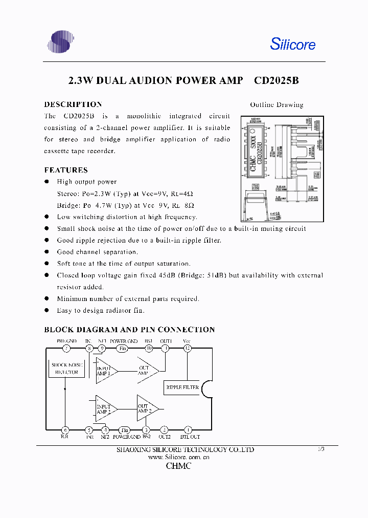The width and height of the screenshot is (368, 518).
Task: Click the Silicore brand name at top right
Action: point(292,45)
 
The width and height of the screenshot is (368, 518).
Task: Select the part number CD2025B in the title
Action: point(276,81)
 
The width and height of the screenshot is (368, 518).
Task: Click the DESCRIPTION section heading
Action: point(73,104)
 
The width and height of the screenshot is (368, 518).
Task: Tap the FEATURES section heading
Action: point(66,170)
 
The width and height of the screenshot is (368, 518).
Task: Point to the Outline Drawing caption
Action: point(277,104)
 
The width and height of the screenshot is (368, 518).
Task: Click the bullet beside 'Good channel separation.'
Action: point(47,252)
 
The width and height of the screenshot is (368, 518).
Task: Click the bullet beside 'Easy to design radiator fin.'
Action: point(47,310)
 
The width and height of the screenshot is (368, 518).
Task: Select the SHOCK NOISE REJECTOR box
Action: point(66,369)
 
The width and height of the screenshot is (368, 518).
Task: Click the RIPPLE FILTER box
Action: point(182,387)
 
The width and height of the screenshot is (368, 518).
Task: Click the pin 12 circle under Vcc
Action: point(188,349)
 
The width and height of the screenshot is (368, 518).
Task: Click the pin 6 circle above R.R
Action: point(65,430)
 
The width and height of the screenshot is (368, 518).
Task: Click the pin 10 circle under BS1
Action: point(149,349)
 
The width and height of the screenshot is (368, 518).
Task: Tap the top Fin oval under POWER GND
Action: point(122,349)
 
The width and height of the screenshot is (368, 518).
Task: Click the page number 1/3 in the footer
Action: point(321,449)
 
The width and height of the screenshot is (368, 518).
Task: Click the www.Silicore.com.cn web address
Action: point(179,458)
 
